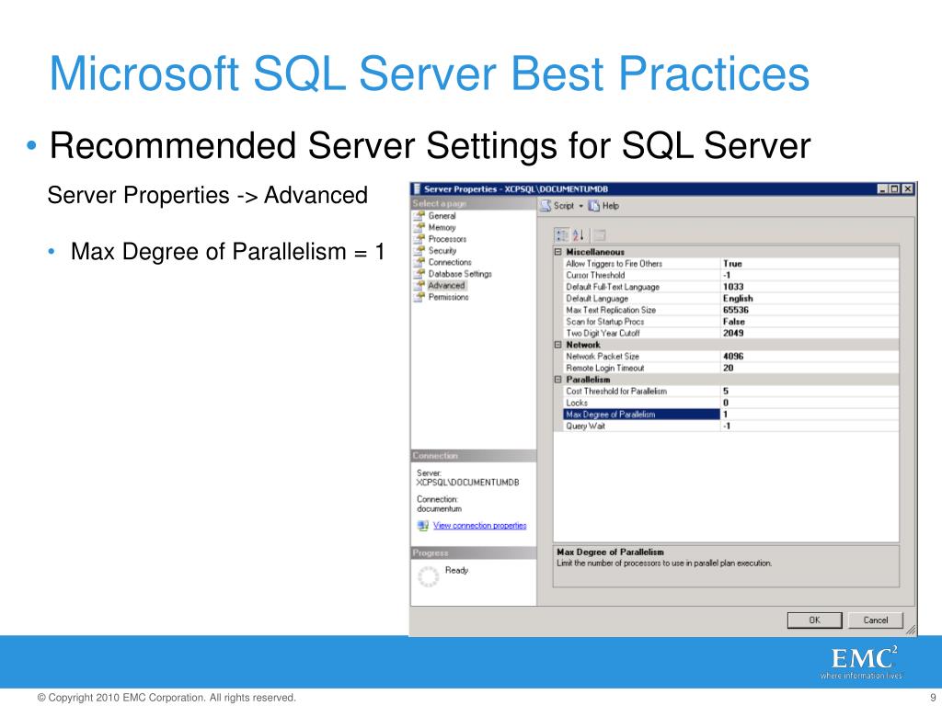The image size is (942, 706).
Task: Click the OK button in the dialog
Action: pyautogui.click(x=814, y=620)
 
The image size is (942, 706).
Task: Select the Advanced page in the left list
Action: pyautogui.click(x=446, y=285)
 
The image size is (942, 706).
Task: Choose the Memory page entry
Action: pyautogui.click(x=442, y=227)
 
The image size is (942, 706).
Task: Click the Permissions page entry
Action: pyautogui.click(x=448, y=297)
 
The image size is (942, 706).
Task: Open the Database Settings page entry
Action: pyautogui.click(x=460, y=274)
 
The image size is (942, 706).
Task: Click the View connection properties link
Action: pyautogui.click(x=479, y=526)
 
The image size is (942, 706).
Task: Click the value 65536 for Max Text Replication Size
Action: pyautogui.click(x=736, y=310)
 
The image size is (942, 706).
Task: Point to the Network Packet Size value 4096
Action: pyautogui.click(x=733, y=356)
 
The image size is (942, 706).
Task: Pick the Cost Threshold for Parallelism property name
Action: pyautogui.click(x=615, y=391)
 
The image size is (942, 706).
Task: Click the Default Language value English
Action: pyautogui.click(x=738, y=298)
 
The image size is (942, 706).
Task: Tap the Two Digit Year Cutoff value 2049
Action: pyautogui.click(x=733, y=333)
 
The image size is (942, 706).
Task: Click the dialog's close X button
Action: pyautogui.click(x=908, y=188)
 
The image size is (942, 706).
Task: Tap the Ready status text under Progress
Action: pyautogui.click(x=456, y=571)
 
